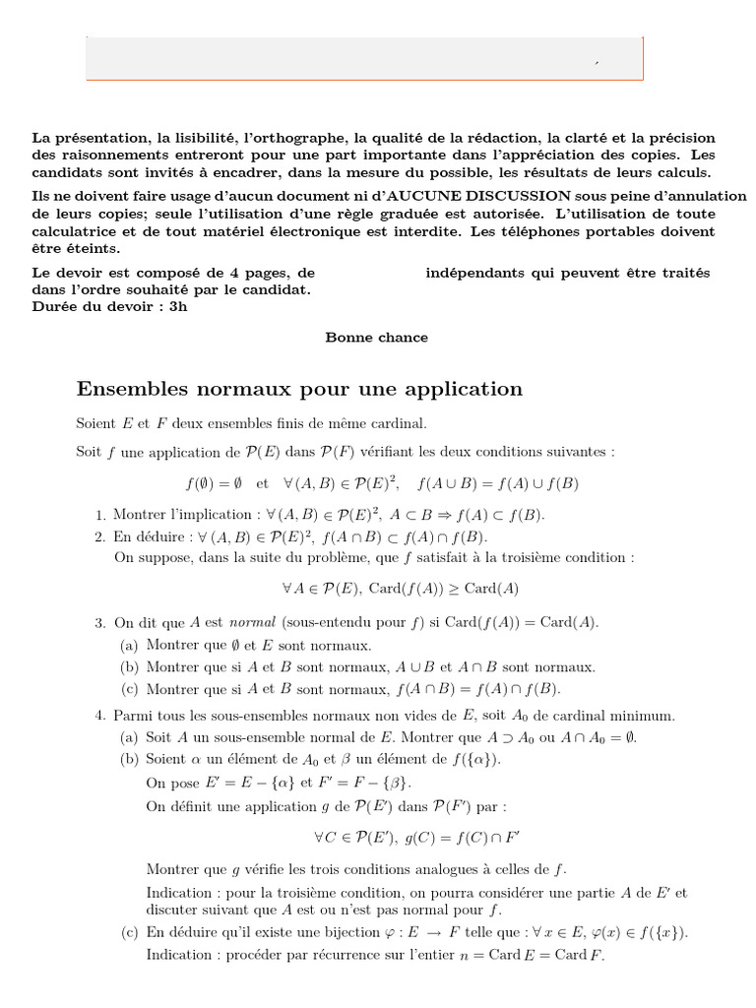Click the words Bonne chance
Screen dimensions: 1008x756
click(x=377, y=338)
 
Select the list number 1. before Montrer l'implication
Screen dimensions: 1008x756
click(x=101, y=515)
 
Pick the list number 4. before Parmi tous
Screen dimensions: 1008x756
click(x=101, y=715)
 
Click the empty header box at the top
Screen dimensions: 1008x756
click(x=365, y=58)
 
